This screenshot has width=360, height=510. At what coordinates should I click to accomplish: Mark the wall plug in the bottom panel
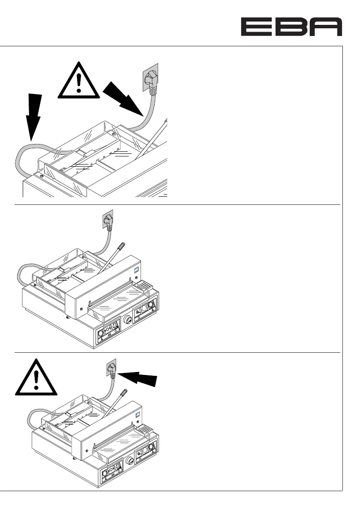point(113,369)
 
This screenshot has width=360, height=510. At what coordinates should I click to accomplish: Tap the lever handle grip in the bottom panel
point(124,395)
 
